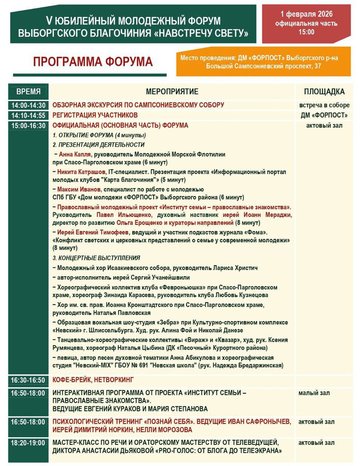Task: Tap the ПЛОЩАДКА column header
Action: pos(324,92)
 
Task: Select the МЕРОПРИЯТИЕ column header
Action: pos(172,92)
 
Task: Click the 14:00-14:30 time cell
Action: pos(29,105)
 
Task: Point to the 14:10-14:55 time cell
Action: pos(29,115)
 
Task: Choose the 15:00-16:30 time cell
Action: pos(29,125)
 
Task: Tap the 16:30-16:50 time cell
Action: pos(29,380)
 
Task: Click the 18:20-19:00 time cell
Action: pos(29,442)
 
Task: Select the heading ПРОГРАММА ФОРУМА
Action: pos(93,62)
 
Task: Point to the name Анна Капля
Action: pos(75,154)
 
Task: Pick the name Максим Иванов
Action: pos(78,189)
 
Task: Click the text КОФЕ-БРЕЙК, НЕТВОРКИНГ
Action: pos(93,380)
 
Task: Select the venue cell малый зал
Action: pos(314,393)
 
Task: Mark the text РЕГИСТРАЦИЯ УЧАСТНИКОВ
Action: pos(95,115)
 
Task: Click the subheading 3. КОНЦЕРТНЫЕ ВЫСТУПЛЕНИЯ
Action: pos(96,258)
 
